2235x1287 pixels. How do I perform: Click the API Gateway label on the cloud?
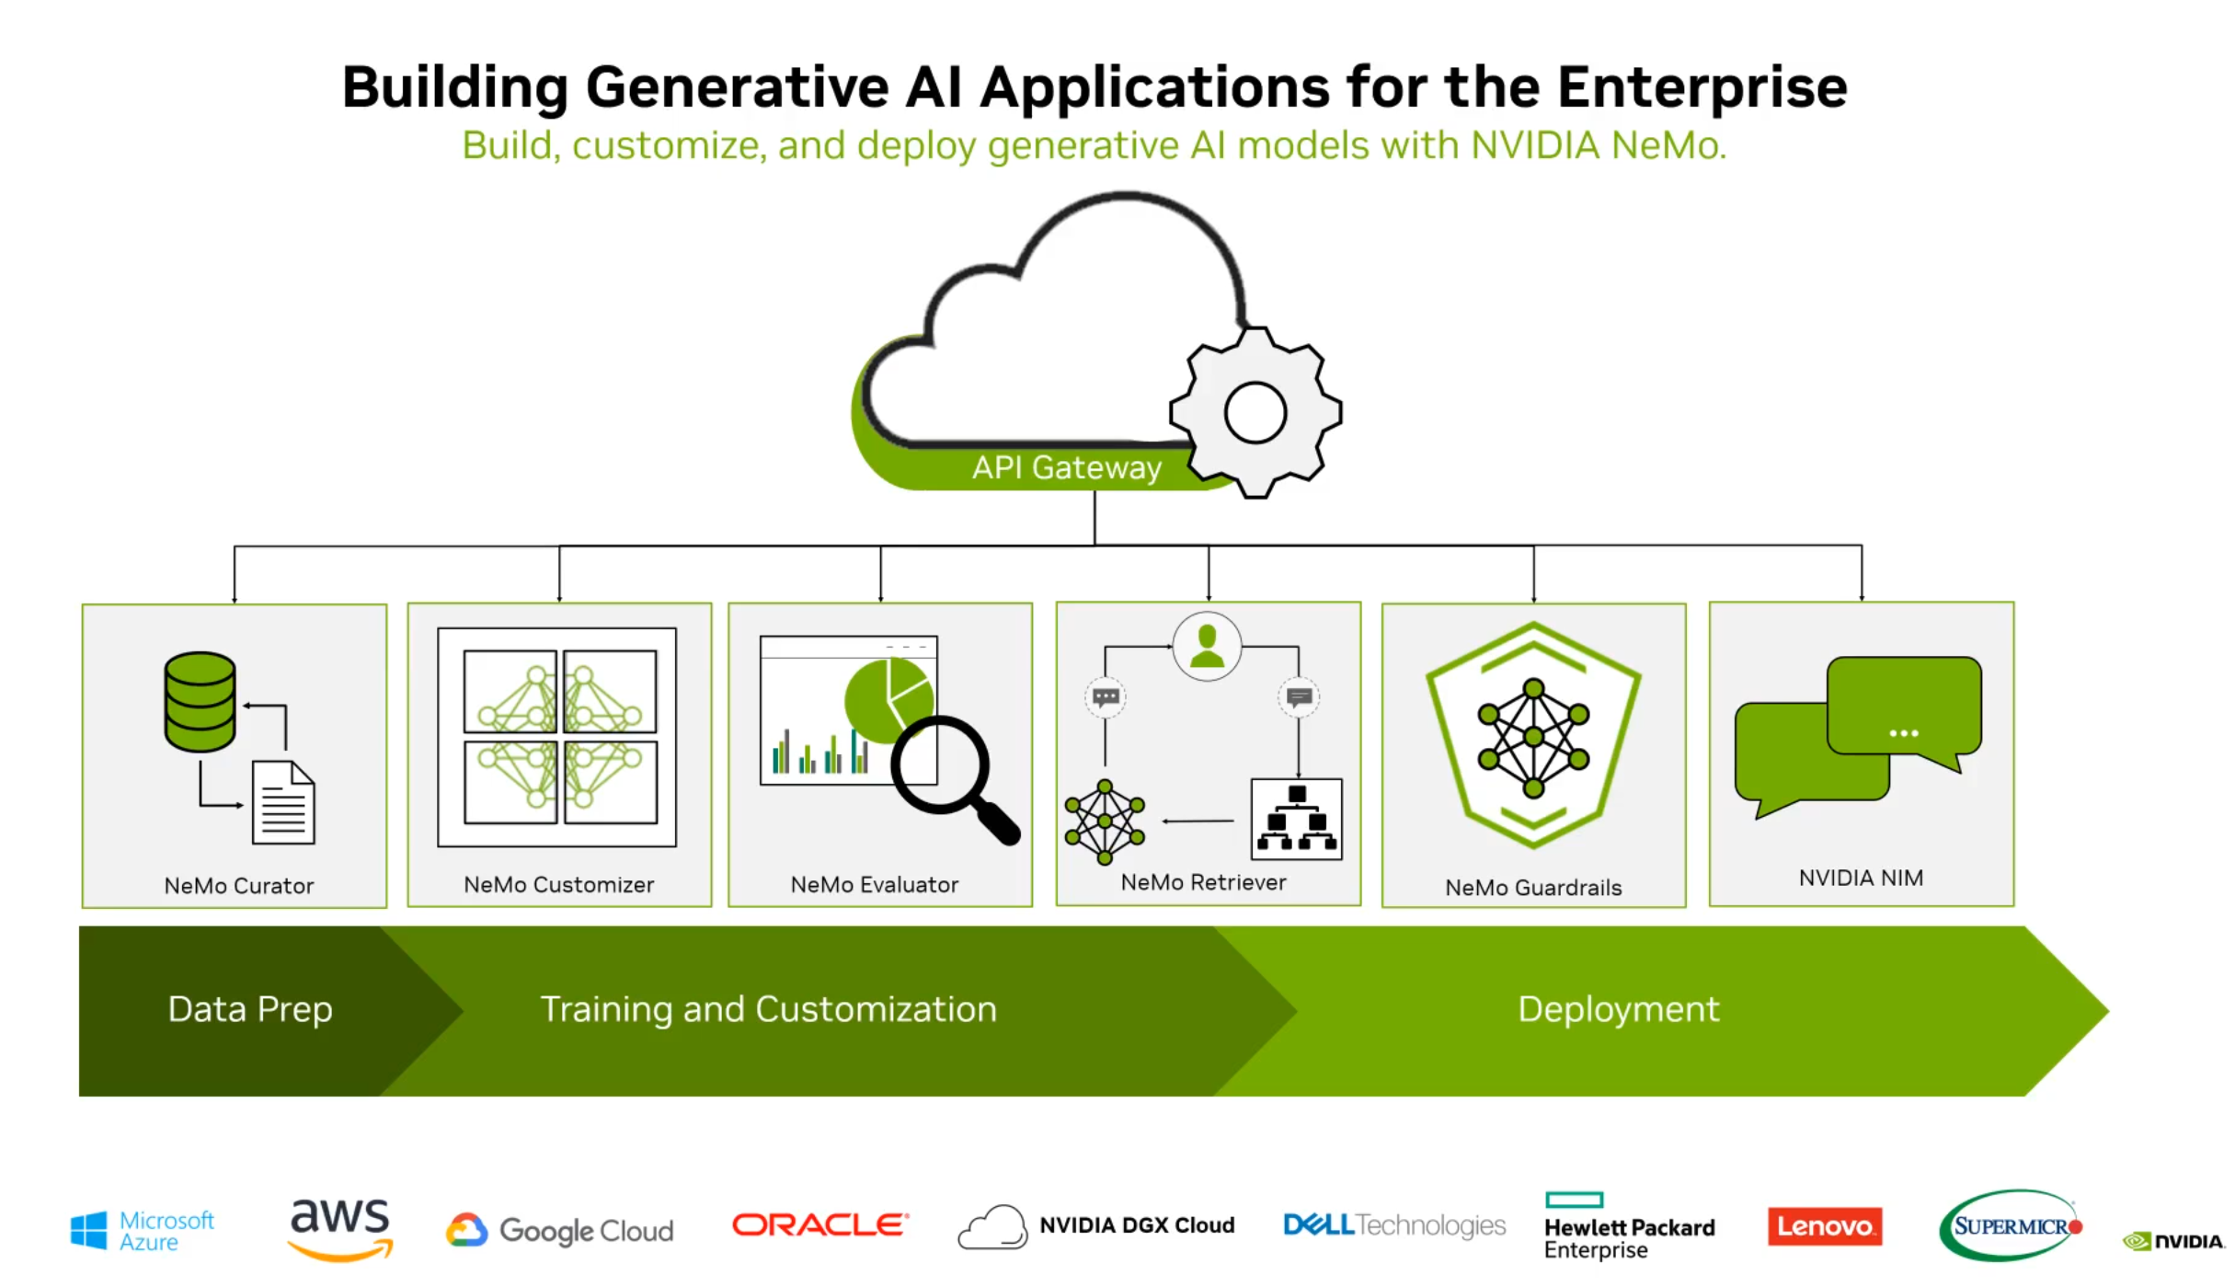pyautogui.click(x=1066, y=467)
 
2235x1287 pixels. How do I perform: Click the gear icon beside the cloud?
pyautogui.click(x=1255, y=413)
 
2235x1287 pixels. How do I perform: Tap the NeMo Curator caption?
pyautogui.click(x=239, y=886)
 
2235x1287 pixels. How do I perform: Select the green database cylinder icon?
pyautogui.click(x=200, y=702)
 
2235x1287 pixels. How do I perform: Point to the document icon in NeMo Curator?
pyautogui.click(x=283, y=803)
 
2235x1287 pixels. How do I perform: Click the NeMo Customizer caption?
pyautogui.click(x=558, y=885)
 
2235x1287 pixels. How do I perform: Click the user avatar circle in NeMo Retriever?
pyautogui.click(x=1207, y=647)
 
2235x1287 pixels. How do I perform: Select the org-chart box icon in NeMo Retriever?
pyautogui.click(x=1297, y=819)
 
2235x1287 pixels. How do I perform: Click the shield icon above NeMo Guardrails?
pyautogui.click(x=1533, y=735)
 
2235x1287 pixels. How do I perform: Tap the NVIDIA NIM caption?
pyautogui.click(x=1861, y=879)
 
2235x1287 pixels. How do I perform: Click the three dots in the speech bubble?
pyautogui.click(x=1903, y=733)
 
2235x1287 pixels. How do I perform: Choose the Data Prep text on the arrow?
pyautogui.click(x=250, y=1009)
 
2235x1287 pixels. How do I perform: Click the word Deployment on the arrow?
pyautogui.click(x=1618, y=1009)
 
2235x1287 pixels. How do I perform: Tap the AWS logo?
pyautogui.click(x=340, y=1227)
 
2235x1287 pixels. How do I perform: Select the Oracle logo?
pyautogui.click(x=819, y=1225)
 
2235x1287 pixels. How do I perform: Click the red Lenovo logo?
pyautogui.click(x=1825, y=1226)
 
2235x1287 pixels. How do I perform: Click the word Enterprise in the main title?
pyautogui.click(x=1702, y=87)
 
